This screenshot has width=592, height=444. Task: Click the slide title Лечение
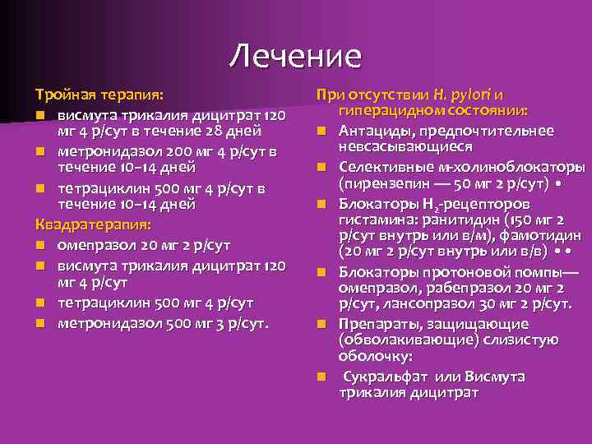[295, 56]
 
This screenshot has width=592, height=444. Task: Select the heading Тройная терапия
[99, 95]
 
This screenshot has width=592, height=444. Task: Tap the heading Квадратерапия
[92, 224]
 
